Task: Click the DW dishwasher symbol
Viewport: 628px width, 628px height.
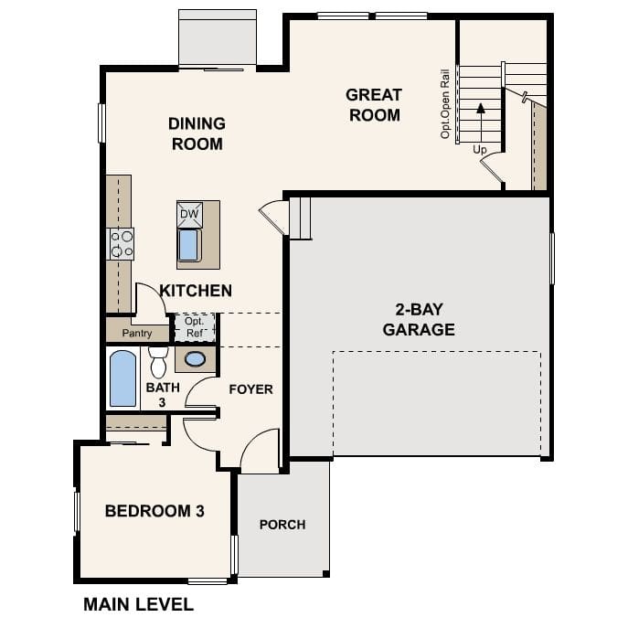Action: [189, 215]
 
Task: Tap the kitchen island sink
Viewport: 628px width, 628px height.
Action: [189, 245]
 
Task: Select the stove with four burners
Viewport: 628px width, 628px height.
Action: [122, 243]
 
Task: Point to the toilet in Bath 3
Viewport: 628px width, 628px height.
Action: [158, 362]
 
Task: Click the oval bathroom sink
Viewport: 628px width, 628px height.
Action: [195, 358]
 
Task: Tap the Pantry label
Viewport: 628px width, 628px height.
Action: [137, 334]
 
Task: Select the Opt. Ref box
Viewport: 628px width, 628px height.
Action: [194, 327]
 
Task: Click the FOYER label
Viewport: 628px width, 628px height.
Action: [250, 389]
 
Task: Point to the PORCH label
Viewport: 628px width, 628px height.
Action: [282, 525]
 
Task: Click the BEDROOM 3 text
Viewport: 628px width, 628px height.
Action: [154, 511]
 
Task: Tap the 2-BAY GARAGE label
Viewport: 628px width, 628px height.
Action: [419, 321]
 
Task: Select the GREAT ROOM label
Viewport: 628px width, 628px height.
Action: [373, 105]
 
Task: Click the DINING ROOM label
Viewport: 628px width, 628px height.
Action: [197, 133]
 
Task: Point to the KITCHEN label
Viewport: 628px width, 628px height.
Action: [196, 291]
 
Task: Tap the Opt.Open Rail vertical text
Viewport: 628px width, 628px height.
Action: [446, 102]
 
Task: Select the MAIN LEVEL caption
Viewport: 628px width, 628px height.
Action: [138, 604]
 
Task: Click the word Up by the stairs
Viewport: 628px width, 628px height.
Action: [480, 148]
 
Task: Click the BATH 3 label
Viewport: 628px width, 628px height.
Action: [156, 394]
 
